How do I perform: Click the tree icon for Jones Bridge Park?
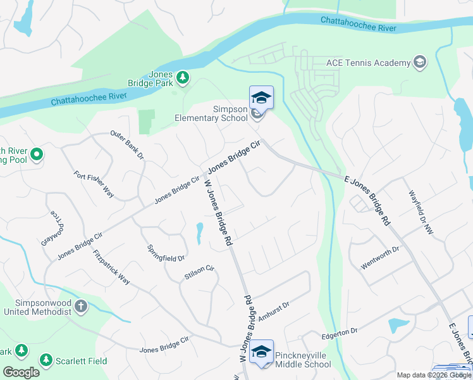tap(183, 77)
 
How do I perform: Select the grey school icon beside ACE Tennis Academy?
tap(419, 62)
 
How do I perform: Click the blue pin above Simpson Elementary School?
tap(261, 99)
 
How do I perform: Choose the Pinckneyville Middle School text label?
tap(302, 360)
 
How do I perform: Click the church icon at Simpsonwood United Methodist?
tap(80, 307)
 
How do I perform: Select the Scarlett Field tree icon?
tap(46, 360)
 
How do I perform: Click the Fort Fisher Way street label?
tap(94, 184)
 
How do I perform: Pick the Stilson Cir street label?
tap(200, 273)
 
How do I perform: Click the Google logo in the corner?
tap(21, 372)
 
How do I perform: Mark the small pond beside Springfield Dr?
tap(200, 232)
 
